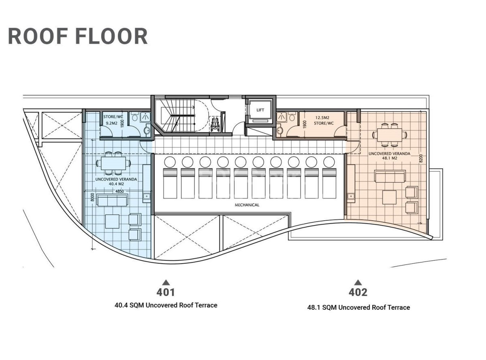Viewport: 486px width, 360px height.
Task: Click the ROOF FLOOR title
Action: [78, 36]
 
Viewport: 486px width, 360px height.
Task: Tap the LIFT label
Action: [260, 110]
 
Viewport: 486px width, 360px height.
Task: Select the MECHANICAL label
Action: [247, 205]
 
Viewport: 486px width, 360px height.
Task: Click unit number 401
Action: [166, 292]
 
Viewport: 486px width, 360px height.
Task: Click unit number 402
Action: [358, 292]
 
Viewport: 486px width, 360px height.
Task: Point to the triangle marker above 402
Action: [358, 282]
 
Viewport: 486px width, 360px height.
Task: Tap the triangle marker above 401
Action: [166, 282]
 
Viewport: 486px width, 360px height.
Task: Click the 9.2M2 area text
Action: [111, 124]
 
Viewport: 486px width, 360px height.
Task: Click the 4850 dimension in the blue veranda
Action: [119, 191]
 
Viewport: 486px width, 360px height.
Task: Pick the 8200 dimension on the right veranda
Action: [420, 158]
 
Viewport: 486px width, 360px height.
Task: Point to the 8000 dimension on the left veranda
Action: [92, 197]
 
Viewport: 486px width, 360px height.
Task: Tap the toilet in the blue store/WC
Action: [135, 117]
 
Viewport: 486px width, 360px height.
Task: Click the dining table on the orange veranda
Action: [389, 135]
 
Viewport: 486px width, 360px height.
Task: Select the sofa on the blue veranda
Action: [113, 200]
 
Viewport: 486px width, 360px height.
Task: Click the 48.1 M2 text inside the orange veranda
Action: [389, 158]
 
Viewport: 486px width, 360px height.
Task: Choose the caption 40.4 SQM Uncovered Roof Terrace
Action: [166, 305]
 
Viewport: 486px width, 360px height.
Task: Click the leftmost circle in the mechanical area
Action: [170, 162]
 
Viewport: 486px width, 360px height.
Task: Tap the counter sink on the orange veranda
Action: [351, 196]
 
